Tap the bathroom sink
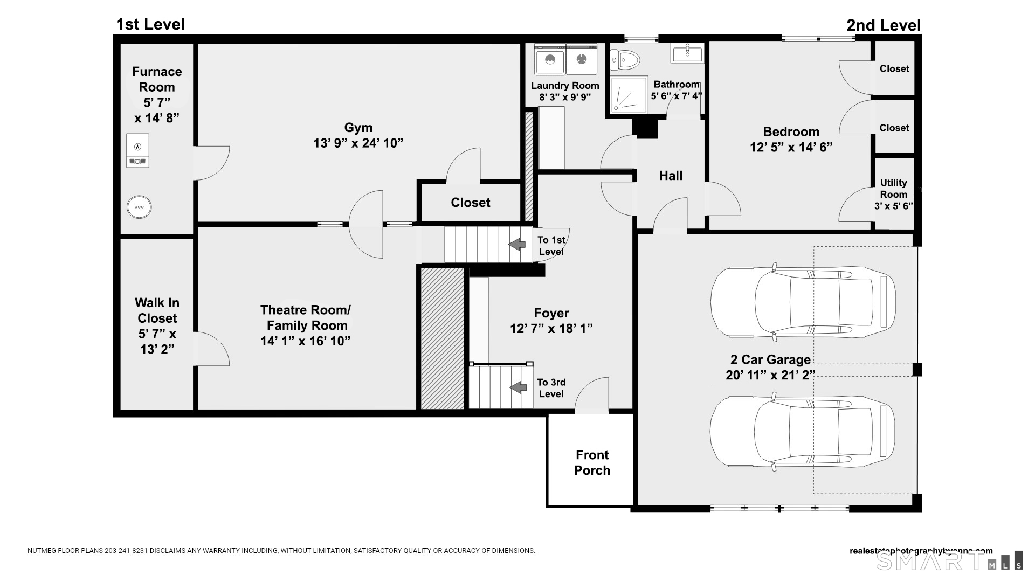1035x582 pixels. (687, 53)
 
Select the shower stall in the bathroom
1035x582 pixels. (629, 95)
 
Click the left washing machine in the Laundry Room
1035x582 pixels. (550, 60)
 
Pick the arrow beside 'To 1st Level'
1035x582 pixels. (517, 245)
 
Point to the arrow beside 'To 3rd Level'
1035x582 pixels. (518, 387)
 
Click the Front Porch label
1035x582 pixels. (592, 462)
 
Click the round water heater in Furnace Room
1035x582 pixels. (139, 207)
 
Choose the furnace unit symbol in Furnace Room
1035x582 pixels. (138, 151)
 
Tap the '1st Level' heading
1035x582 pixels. (150, 24)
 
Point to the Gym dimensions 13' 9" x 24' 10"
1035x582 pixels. (358, 143)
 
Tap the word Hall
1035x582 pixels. (671, 176)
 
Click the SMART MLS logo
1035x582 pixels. (949, 561)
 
